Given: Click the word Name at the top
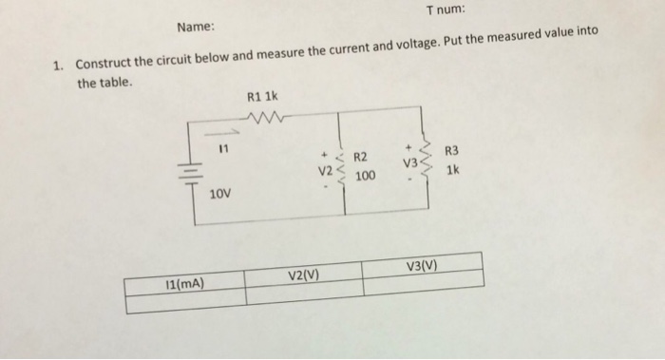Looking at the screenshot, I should point(197,28).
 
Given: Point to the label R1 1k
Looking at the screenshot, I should point(261,98).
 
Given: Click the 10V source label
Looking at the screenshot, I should point(219,194).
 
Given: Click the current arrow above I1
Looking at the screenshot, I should point(218,134).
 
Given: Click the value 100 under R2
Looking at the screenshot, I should point(365,177).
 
